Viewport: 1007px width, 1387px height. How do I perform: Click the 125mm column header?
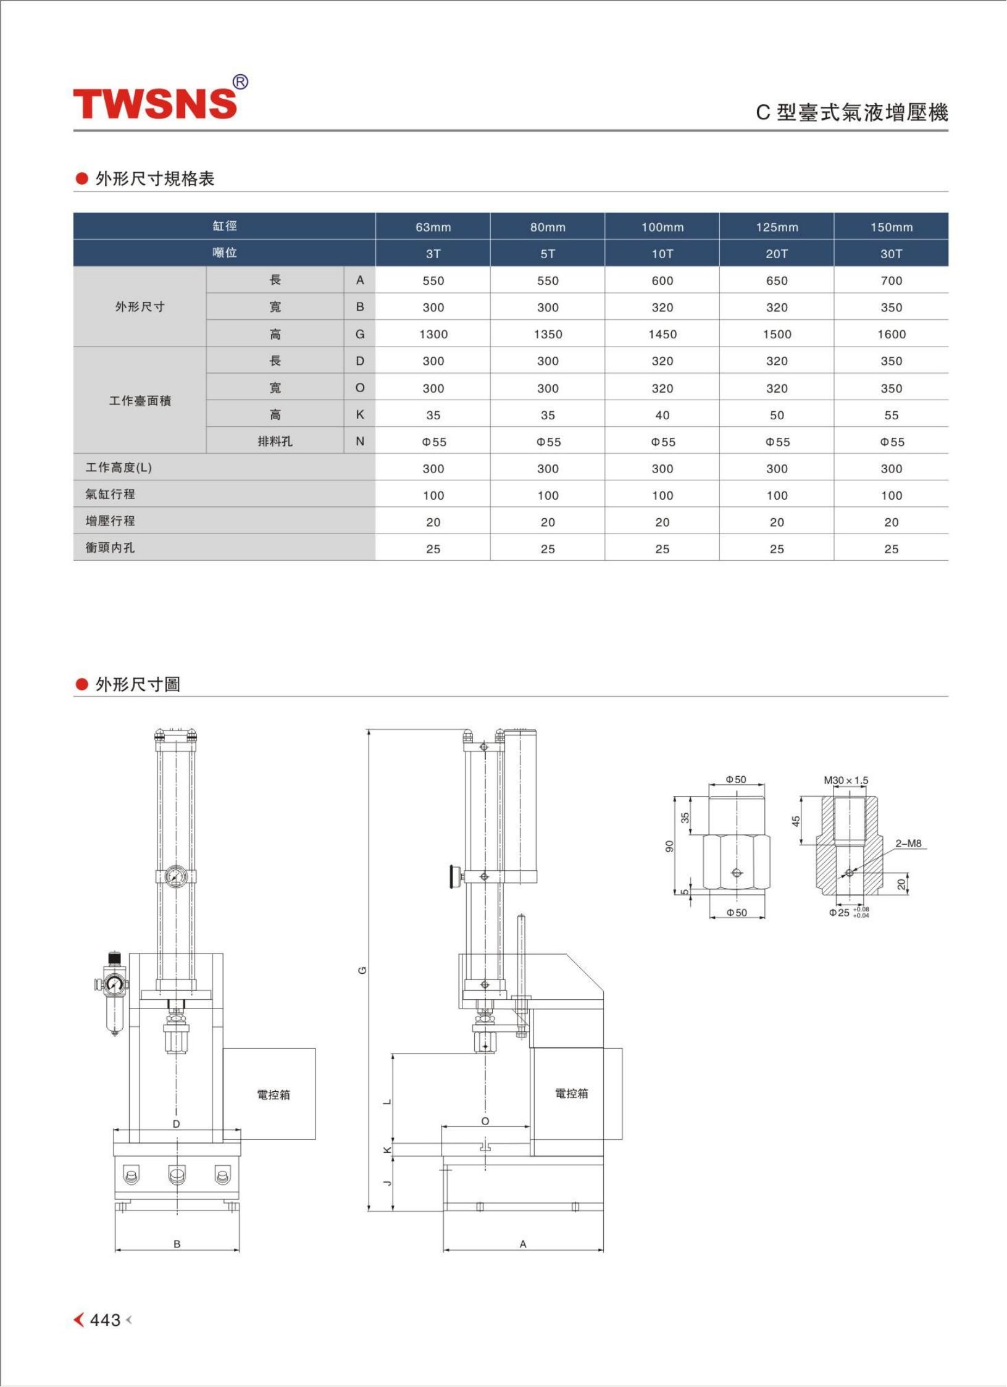coord(777,227)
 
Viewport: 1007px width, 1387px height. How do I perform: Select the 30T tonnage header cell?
coord(891,254)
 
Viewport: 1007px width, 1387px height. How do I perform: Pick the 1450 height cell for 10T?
coord(662,334)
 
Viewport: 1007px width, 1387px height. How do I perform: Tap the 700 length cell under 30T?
coord(891,281)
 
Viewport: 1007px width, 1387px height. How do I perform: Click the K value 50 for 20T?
coord(777,416)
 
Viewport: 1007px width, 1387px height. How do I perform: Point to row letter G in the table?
coord(360,334)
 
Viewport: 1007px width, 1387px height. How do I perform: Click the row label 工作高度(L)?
coord(119,467)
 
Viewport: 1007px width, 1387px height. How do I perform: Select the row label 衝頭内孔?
coord(110,548)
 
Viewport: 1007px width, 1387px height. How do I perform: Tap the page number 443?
coord(105,1320)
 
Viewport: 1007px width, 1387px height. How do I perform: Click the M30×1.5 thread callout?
coord(846,781)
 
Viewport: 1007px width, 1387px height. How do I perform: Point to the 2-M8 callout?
coord(908,844)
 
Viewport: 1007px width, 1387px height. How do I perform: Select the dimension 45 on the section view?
coord(796,821)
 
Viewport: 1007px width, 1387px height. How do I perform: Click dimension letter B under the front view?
coord(177,1244)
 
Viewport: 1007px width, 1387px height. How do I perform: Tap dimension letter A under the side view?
coord(523,1244)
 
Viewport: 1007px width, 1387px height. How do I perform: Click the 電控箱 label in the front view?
coord(274,1095)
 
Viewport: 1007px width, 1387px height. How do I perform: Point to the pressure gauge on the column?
coord(176,876)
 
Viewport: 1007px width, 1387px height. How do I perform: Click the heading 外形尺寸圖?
coord(137,684)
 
